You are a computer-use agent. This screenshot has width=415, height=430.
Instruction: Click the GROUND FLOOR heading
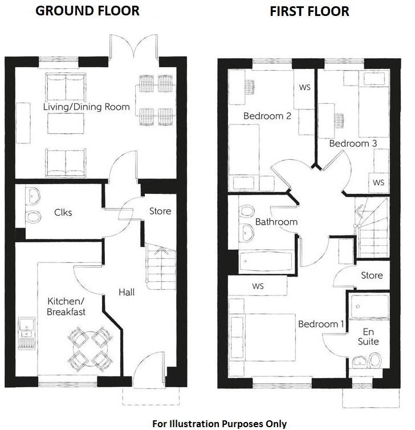click(87, 11)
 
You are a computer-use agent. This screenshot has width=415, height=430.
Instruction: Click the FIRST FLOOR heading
click(309, 11)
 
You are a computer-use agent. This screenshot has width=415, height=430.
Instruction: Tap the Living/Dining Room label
click(86, 107)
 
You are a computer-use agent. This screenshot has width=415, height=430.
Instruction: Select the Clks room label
click(63, 213)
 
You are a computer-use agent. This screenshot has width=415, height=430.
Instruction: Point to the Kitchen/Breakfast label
click(66, 306)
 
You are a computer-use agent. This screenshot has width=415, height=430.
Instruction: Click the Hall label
click(127, 292)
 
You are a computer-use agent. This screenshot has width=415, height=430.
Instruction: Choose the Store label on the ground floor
click(160, 211)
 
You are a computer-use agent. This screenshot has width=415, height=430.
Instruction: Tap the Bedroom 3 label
click(352, 143)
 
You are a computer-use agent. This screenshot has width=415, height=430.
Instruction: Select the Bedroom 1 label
click(321, 324)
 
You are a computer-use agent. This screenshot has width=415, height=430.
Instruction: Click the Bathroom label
click(276, 221)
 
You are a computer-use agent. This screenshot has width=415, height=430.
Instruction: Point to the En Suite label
click(367, 336)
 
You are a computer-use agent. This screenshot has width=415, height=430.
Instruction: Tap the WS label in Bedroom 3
click(378, 182)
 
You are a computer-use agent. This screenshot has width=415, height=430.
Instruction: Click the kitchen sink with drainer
click(26, 333)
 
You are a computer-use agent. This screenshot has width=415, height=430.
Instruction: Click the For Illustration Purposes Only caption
click(219, 424)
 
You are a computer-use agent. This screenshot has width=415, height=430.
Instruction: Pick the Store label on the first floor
click(372, 275)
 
